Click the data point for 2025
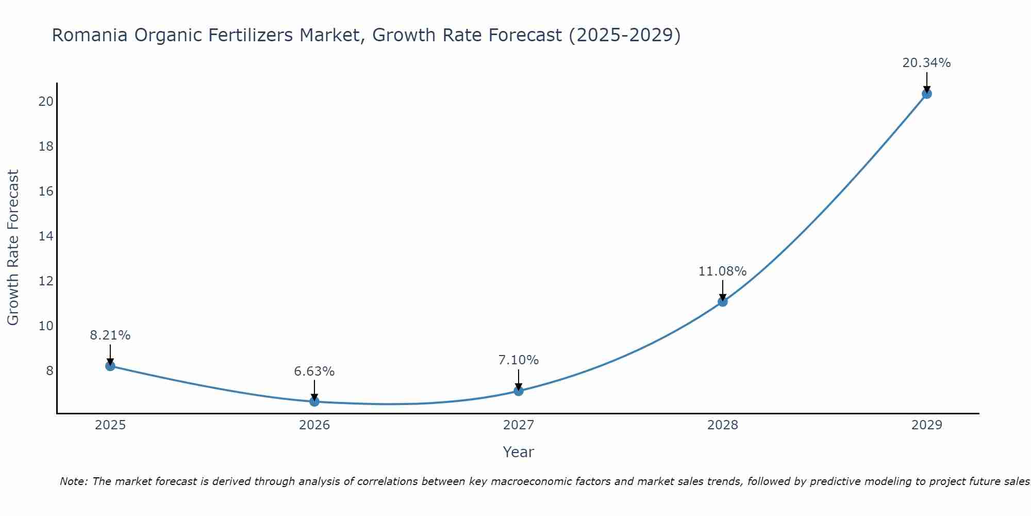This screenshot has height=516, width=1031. pyautogui.click(x=110, y=366)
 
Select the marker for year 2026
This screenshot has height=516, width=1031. pyautogui.click(x=314, y=401)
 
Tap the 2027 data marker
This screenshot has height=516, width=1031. pyautogui.click(x=519, y=391)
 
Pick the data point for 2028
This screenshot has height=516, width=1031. pyautogui.click(x=723, y=301)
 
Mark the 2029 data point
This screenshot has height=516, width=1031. pyautogui.click(x=926, y=93)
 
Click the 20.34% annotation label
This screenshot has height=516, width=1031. pyautogui.click(x=926, y=63)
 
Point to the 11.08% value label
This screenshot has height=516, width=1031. pyautogui.click(x=722, y=271)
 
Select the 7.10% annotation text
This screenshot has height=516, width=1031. pyautogui.click(x=518, y=360)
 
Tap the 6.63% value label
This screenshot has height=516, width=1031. pyautogui.click(x=314, y=372)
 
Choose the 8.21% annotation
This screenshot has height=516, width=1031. pyautogui.click(x=110, y=335)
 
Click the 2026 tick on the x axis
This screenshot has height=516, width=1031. pyautogui.click(x=314, y=425)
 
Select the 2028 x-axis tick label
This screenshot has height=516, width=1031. pyautogui.click(x=723, y=425)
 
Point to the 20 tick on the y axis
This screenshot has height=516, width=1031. pyautogui.click(x=46, y=101)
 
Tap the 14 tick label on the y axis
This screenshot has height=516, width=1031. pyautogui.click(x=46, y=236)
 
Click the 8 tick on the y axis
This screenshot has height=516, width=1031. pyautogui.click(x=49, y=371)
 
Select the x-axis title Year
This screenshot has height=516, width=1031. pyautogui.click(x=518, y=452)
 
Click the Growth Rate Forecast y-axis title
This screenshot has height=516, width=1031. pyautogui.click(x=13, y=248)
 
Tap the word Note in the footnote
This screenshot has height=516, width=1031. pyautogui.click(x=74, y=481)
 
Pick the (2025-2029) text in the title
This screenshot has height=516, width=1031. pyautogui.click(x=624, y=35)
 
